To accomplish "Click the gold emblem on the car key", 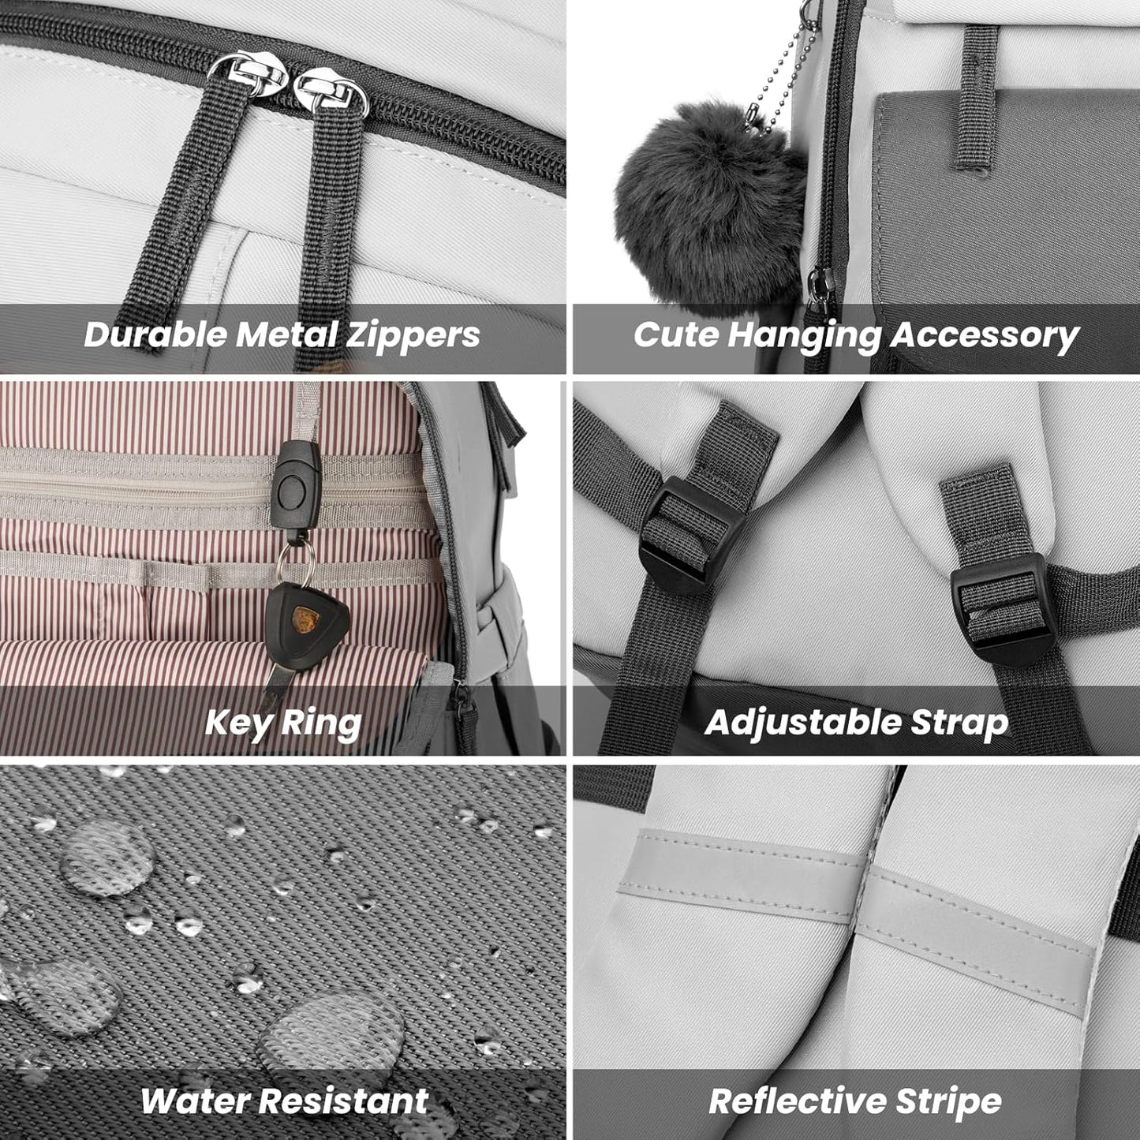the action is click(306, 619).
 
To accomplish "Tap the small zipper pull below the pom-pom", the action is click(820, 290).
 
